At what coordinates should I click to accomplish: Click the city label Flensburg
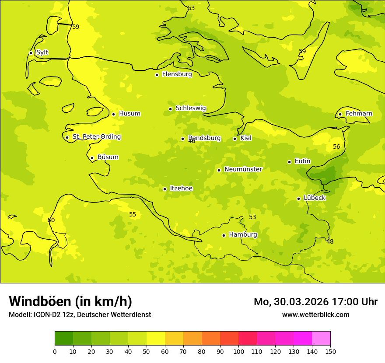[177, 74]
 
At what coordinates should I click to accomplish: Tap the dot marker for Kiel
[234, 139]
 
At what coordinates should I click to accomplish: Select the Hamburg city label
[243, 235]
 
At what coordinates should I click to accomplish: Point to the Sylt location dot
[31, 53]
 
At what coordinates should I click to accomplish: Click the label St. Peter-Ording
[96, 137]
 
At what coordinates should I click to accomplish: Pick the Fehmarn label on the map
[359, 114]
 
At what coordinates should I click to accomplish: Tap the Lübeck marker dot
[298, 199]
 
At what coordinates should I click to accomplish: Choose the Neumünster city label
[243, 169]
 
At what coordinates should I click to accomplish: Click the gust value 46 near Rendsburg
[192, 141]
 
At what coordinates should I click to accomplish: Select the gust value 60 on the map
[51, 220]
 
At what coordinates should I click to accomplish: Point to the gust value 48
[330, 241]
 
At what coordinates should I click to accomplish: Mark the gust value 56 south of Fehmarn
[336, 147]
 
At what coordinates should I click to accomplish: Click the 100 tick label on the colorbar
[238, 352]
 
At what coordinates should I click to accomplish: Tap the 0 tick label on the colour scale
[55, 352]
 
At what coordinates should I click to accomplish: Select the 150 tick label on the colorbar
[330, 352]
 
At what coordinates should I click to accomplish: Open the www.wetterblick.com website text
[315, 315]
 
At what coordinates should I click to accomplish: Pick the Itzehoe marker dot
[164, 189]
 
